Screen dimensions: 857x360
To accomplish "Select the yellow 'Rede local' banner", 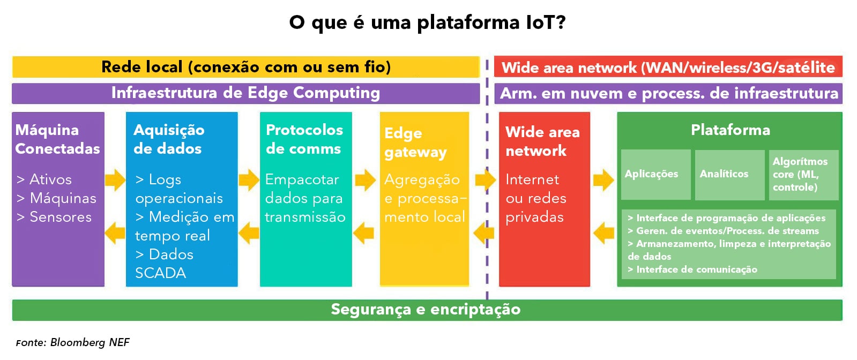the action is click(x=246, y=67).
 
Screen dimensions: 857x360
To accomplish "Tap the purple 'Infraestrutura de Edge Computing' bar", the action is click(x=246, y=93).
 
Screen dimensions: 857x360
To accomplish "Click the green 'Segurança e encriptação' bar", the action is click(x=427, y=310).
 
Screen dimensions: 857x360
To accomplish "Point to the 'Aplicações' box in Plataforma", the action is click(x=656, y=175).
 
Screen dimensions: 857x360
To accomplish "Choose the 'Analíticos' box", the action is click(x=729, y=175).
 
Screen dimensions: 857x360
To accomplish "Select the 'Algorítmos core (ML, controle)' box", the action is click(x=804, y=175).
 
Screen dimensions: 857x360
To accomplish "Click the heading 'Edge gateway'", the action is click(x=415, y=142).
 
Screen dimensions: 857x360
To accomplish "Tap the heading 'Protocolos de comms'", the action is click(x=304, y=139).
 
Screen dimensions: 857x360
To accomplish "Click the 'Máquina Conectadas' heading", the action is click(x=58, y=139).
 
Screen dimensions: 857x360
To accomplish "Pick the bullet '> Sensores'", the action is click(x=54, y=217).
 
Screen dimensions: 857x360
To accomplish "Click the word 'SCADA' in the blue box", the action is click(x=161, y=273).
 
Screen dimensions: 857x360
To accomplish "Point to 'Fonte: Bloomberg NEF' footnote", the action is click(x=73, y=342).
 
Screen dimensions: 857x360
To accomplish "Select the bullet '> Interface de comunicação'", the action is click(x=692, y=269).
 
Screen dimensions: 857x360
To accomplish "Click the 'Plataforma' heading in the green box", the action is click(x=731, y=130).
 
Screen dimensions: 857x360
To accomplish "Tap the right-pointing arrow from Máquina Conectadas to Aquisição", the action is click(x=115, y=179).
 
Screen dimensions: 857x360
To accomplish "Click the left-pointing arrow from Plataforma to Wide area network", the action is click(x=603, y=232).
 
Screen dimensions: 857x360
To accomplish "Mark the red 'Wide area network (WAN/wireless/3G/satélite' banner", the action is click(x=668, y=67).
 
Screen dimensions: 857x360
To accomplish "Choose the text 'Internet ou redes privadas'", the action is click(x=535, y=198).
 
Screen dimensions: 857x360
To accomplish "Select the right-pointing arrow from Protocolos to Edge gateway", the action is click(x=366, y=179).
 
